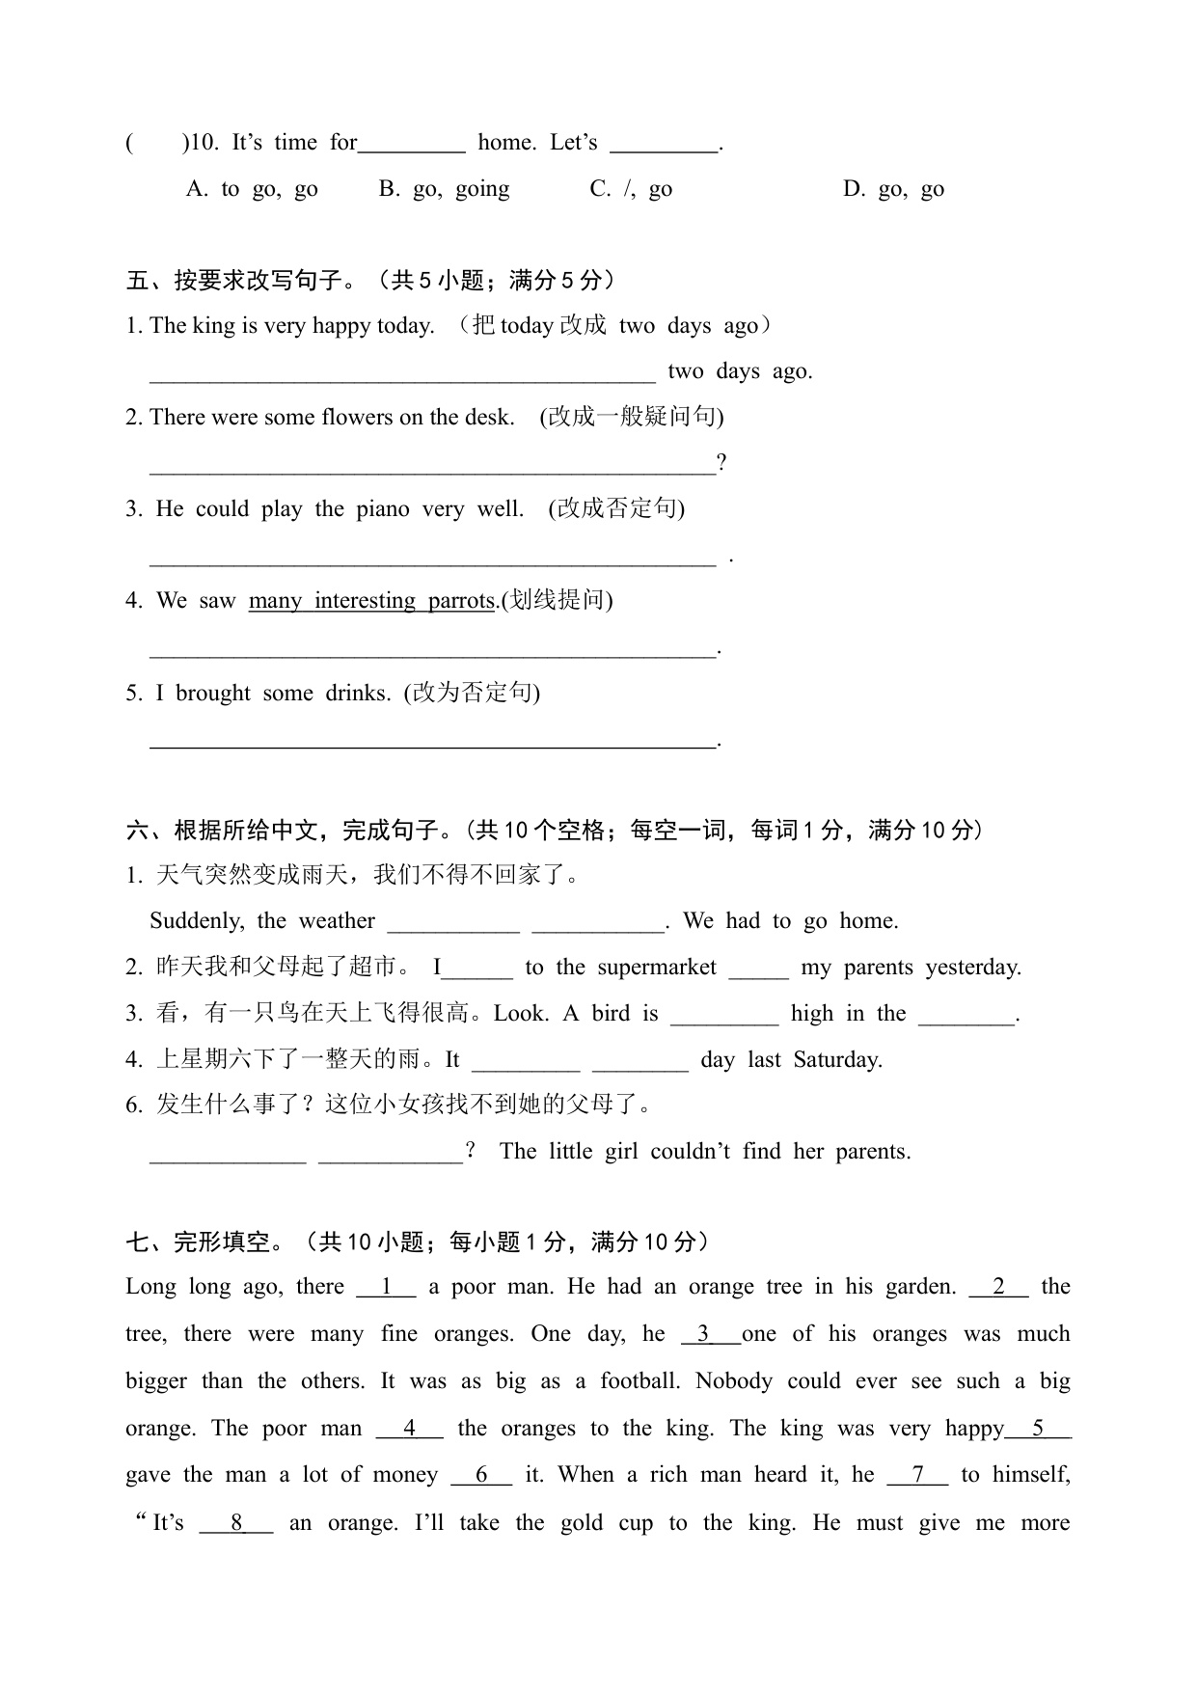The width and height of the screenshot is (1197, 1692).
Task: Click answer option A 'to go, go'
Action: click(x=252, y=189)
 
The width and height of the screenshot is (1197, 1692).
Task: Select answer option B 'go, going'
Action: click(x=444, y=189)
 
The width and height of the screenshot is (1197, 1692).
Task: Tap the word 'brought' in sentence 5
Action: click(x=213, y=693)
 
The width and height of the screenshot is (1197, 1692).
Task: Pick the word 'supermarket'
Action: click(x=657, y=968)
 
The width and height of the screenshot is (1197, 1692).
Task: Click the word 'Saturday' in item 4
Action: click(x=837, y=1060)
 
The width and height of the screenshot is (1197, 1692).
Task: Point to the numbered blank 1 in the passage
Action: click(x=386, y=1287)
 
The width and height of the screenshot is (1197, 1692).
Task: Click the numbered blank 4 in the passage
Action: click(x=409, y=1429)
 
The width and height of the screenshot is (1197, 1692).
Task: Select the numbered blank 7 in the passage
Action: click(x=917, y=1475)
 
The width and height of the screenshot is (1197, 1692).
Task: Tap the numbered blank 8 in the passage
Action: click(x=236, y=1523)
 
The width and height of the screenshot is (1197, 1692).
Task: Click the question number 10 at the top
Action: click(x=203, y=143)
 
